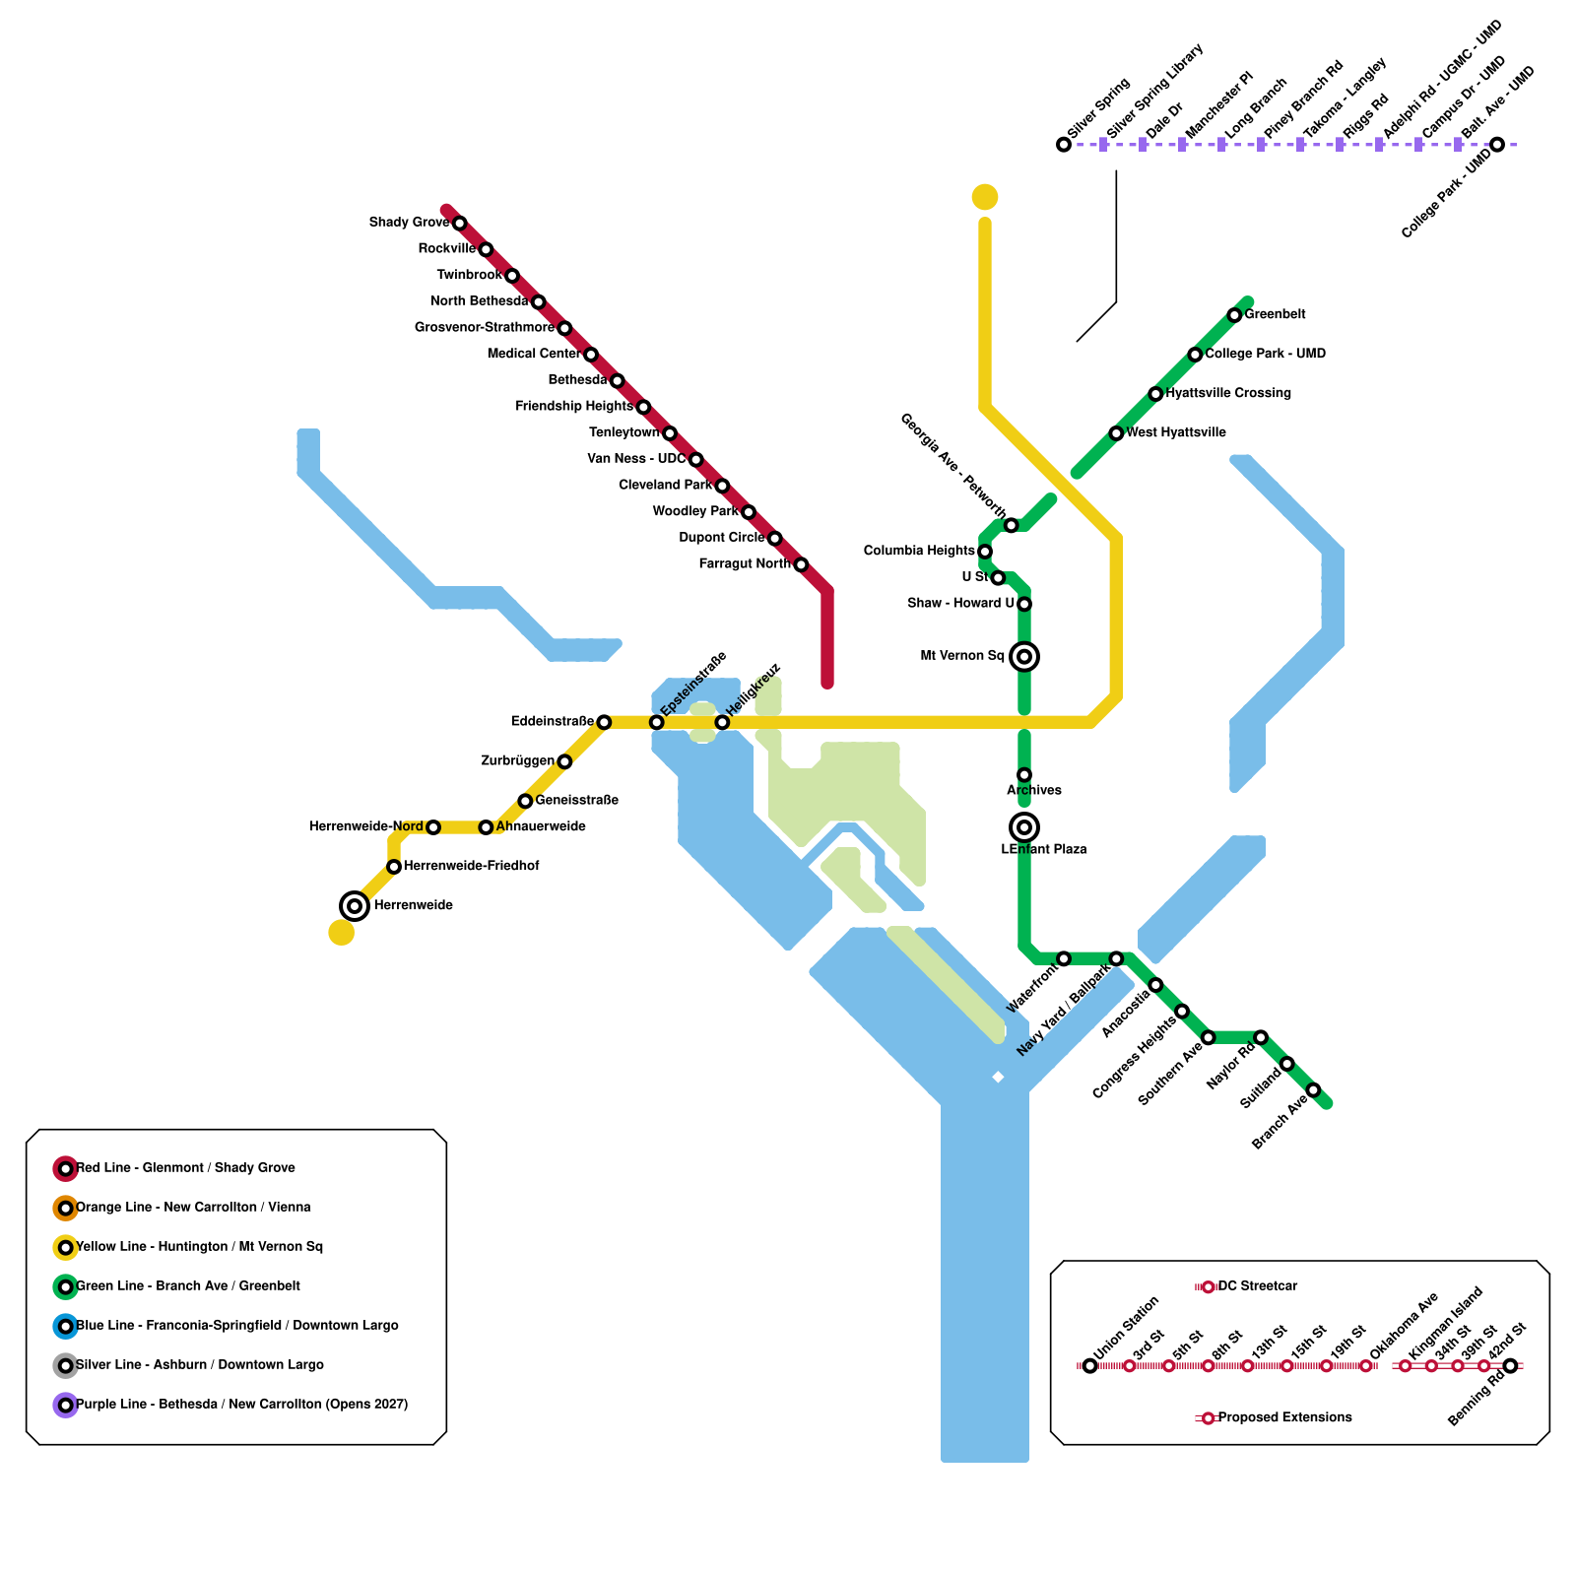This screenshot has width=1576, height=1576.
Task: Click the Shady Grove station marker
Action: point(459,224)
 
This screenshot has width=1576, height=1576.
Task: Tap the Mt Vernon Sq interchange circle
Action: point(1024,656)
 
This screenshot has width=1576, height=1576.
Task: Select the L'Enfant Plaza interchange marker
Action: point(1024,826)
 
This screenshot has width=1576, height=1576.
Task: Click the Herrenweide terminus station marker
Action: point(355,905)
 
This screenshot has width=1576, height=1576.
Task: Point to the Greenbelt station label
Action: point(1275,314)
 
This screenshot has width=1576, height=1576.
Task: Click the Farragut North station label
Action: point(745,564)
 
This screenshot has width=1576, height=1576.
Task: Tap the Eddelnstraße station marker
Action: point(604,722)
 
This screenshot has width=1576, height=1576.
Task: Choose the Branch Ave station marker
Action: point(1313,1089)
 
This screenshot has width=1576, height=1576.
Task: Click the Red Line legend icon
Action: point(65,1168)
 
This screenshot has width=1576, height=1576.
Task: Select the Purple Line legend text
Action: point(241,1404)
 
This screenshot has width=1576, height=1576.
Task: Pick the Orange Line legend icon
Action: point(65,1208)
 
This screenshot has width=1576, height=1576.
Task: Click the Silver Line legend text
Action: point(200,1364)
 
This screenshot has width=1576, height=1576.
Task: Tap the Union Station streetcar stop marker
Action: point(1089,1365)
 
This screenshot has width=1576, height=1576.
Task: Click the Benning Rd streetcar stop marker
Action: point(1510,1365)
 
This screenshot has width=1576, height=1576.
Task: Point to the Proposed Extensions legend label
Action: point(1284,1417)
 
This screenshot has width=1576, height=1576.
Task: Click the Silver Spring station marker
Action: point(1064,145)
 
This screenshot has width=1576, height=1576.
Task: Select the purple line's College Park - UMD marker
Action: point(1497,145)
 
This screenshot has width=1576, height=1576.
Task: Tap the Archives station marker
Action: point(1024,775)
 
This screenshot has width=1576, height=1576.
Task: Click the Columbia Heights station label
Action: point(919,551)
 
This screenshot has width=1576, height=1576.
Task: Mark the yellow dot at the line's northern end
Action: point(985,197)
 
